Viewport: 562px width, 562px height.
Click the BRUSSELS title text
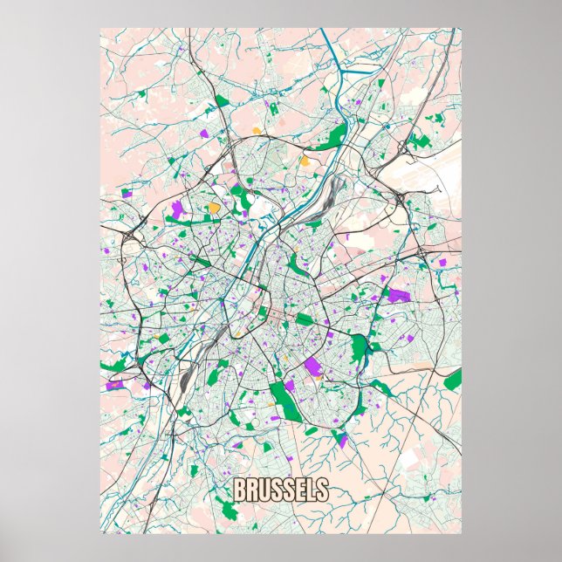pos(280,490)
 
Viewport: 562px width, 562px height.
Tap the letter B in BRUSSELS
pos(239,490)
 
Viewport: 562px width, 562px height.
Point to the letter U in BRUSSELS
pos(263,490)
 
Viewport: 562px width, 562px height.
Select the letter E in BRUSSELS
pos(298,490)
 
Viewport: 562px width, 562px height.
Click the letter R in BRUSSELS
pos(250,490)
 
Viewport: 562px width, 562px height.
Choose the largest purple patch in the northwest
pos(178,209)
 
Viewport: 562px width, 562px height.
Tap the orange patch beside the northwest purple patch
pos(214,208)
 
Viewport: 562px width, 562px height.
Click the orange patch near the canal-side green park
pos(305,161)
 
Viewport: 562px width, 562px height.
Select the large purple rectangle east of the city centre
pos(398,296)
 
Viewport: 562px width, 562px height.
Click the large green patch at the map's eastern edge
pos(452,380)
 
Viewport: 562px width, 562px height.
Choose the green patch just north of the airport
pos(421,140)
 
